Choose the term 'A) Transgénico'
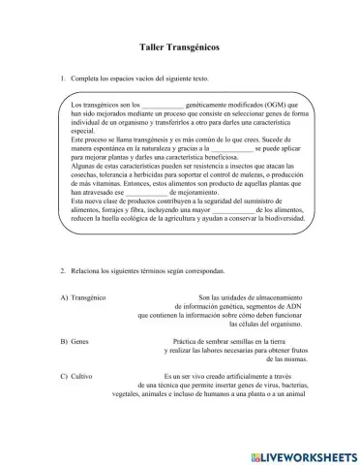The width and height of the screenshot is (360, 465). coord(83,296)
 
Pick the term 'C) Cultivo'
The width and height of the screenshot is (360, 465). coord(75,376)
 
